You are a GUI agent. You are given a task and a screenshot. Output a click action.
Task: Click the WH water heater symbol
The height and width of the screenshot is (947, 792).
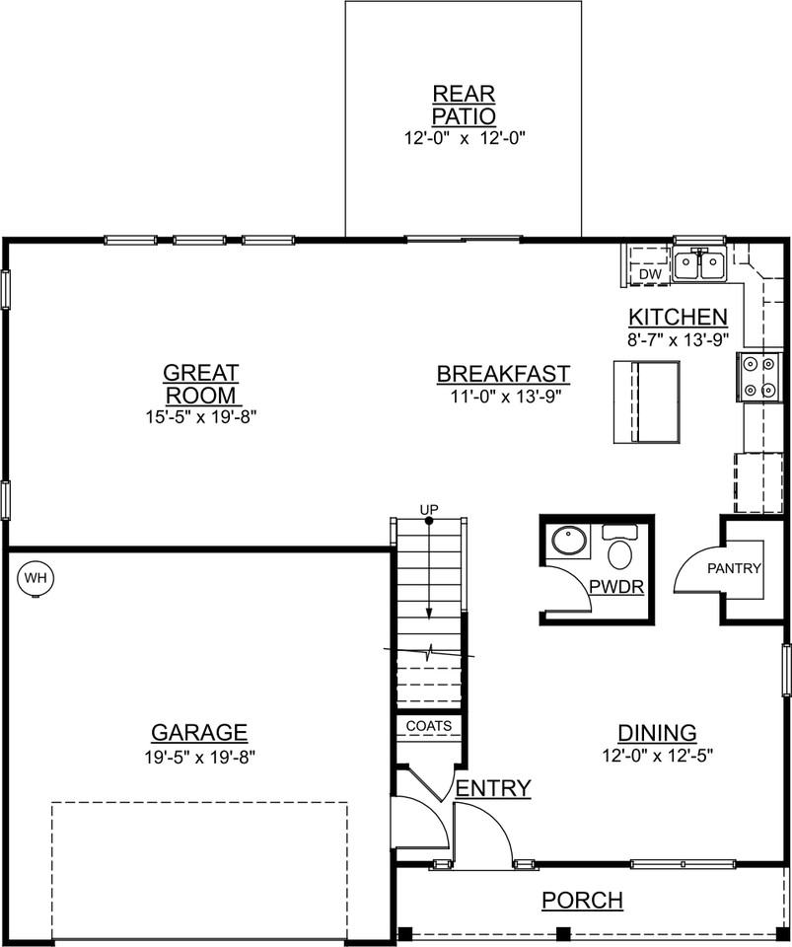pos(36,577)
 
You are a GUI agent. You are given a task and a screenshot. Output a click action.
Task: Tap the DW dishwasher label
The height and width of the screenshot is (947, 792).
pos(649,273)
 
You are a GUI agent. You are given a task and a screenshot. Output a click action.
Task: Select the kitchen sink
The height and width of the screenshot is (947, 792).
pos(699,264)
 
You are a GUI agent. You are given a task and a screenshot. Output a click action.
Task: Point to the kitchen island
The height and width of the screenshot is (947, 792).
pos(647,402)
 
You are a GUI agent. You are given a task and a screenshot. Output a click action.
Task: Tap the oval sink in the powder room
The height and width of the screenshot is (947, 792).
pos(569,542)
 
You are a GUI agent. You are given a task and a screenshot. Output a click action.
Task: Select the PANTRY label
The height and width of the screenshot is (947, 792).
pos(735,568)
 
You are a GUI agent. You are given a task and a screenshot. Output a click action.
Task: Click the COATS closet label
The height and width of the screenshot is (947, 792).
pos(428,726)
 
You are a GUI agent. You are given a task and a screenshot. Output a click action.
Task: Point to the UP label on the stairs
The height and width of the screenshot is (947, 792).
pos(429,509)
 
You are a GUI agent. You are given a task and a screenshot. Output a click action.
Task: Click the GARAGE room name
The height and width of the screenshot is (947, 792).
pos(199,733)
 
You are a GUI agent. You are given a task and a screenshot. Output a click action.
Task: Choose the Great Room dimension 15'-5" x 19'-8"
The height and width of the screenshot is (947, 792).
pos(200,417)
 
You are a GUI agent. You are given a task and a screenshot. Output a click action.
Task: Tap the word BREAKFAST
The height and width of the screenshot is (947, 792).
pos(503,375)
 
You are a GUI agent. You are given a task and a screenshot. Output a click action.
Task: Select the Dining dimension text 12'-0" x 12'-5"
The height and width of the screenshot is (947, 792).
pos(657,755)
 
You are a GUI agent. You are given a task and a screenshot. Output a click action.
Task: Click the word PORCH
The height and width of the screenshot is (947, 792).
pos(582,901)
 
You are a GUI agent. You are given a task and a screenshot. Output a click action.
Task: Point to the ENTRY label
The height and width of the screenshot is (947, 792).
pos(493,788)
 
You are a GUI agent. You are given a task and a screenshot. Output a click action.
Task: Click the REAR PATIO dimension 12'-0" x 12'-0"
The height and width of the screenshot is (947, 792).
pos(464,138)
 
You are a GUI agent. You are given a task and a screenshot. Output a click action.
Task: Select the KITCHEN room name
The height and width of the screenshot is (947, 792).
pos(679,318)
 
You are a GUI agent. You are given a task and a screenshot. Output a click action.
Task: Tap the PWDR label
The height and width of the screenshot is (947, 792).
pos(616,588)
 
